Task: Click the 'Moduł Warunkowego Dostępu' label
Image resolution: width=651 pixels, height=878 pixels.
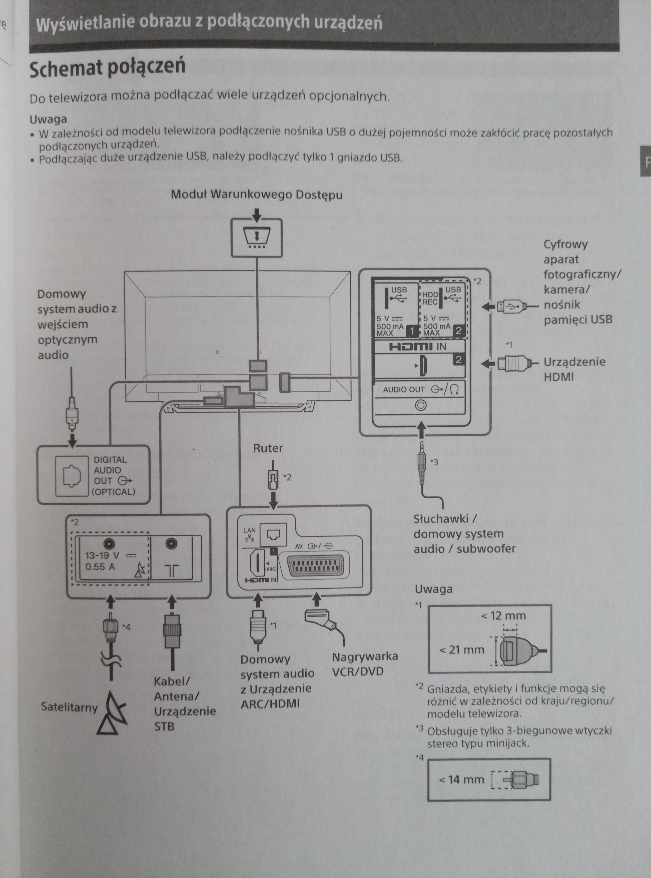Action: pos(256,195)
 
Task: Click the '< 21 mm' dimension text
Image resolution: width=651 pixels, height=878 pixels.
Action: pos(462,650)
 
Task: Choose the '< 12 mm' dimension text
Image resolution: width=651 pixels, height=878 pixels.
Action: pos(503,616)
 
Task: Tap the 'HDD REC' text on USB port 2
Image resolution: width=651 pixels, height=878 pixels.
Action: pos(430,298)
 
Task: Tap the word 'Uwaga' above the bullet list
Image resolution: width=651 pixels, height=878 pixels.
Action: pos(48,119)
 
